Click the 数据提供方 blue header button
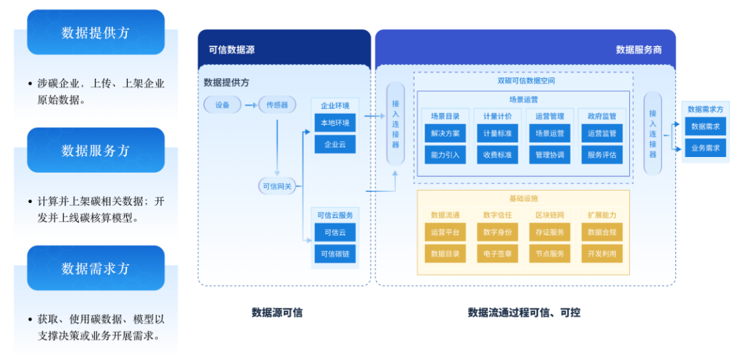[95, 32]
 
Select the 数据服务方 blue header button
[95, 150]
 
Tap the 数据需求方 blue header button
[95, 268]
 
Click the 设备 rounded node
[222, 105]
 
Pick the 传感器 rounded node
[277, 105]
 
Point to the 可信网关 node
[277, 186]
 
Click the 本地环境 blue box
[335, 123]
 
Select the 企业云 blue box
[335, 145]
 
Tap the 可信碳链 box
[335, 254]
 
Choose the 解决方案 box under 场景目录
[445, 134]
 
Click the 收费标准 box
[497, 155]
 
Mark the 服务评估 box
[602, 155]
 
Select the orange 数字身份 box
[497, 232]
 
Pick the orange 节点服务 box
[550, 254]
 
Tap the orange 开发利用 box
[602, 254]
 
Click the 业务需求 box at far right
[705, 147]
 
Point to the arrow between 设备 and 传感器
[250, 105]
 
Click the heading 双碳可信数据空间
[526, 80]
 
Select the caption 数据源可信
[277, 313]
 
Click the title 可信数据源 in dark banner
[232, 49]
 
